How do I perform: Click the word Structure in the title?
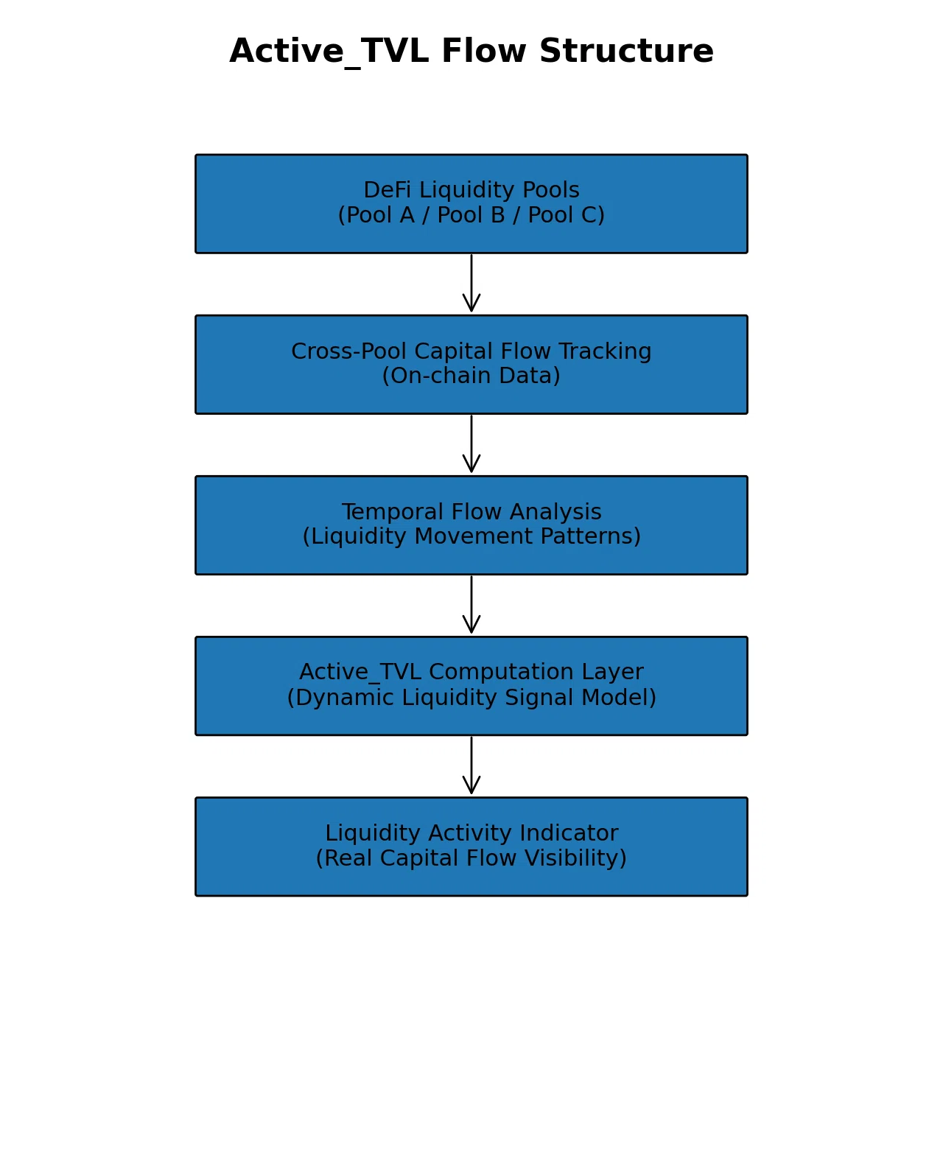(626, 51)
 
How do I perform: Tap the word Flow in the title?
(483, 51)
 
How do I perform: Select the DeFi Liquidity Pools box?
(471, 203)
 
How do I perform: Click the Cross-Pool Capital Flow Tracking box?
(471, 365)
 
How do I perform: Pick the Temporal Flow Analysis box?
(471, 525)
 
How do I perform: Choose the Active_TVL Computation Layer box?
(471, 685)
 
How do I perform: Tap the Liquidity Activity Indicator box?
(471, 846)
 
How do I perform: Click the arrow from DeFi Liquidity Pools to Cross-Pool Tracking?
(471, 283)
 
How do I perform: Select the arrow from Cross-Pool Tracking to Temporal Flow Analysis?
(471, 443)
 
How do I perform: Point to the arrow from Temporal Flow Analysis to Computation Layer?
(471, 604)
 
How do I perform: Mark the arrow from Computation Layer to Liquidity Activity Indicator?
(471, 765)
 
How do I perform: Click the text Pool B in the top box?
(471, 215)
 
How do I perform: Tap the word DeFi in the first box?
(387, 189)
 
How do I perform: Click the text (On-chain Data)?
(471, 376)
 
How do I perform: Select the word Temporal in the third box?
(392, 512)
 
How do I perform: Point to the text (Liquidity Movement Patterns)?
(471, 536)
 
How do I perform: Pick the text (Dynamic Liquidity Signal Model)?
(471, 698)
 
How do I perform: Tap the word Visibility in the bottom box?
(575, 858)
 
